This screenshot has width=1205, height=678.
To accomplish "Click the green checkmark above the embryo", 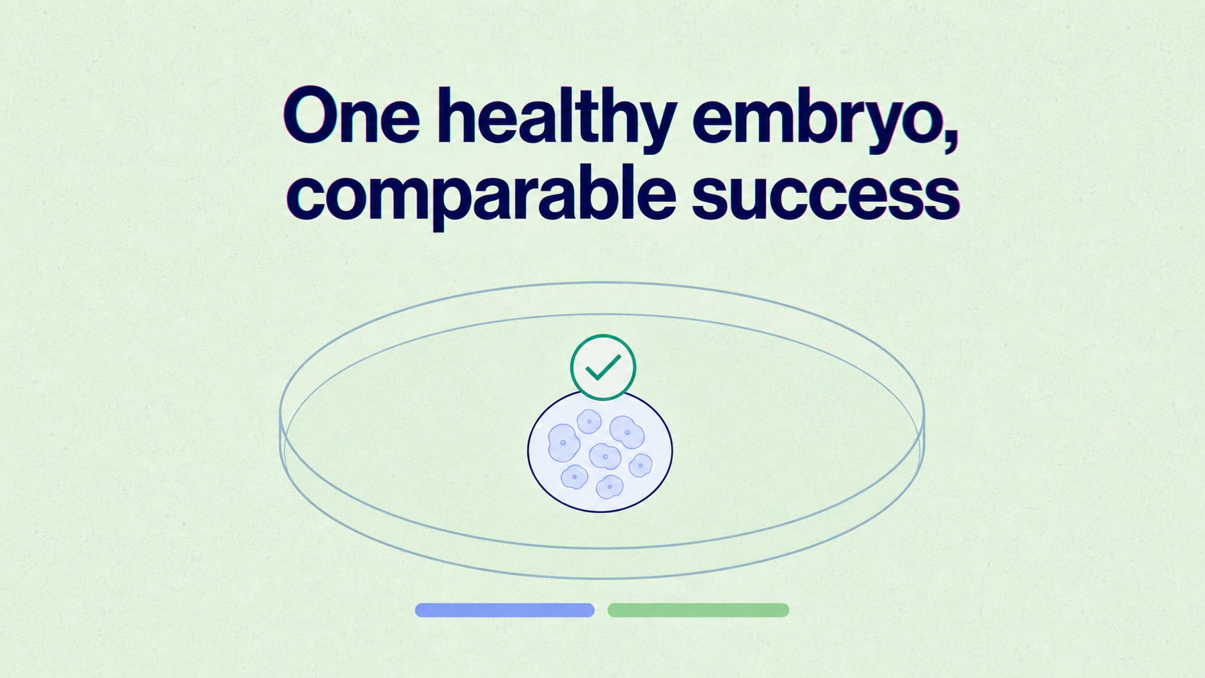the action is click(603, 367).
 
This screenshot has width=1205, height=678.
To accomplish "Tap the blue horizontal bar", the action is click(504, 610).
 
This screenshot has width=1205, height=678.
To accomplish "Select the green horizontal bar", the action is click(698, 610).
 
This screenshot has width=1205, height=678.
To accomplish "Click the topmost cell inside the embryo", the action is click(589, 421).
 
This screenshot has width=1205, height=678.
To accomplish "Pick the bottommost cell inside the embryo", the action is click(610, 487).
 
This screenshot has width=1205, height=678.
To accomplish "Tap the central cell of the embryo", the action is click(605, 457).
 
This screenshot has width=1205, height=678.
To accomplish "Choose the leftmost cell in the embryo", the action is click(564, 443).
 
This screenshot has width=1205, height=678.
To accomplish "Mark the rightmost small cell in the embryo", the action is click(640, 465).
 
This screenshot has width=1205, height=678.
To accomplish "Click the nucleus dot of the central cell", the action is click(605, 457).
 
